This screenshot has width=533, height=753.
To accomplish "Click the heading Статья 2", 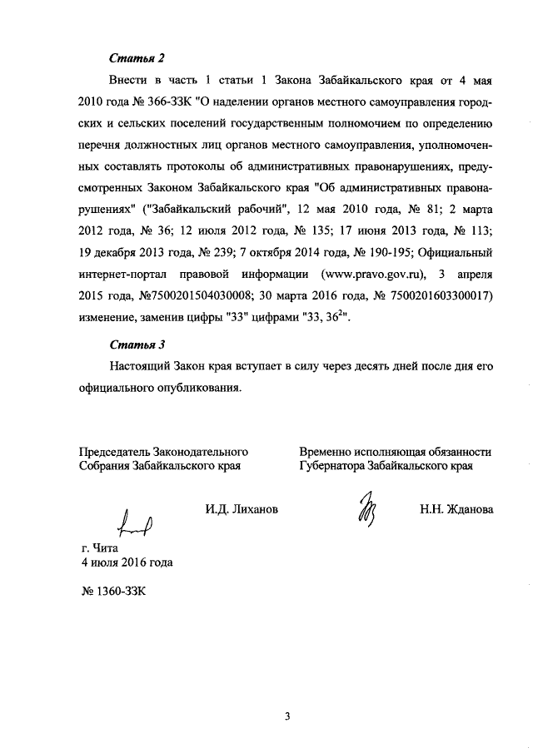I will [137, 58].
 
